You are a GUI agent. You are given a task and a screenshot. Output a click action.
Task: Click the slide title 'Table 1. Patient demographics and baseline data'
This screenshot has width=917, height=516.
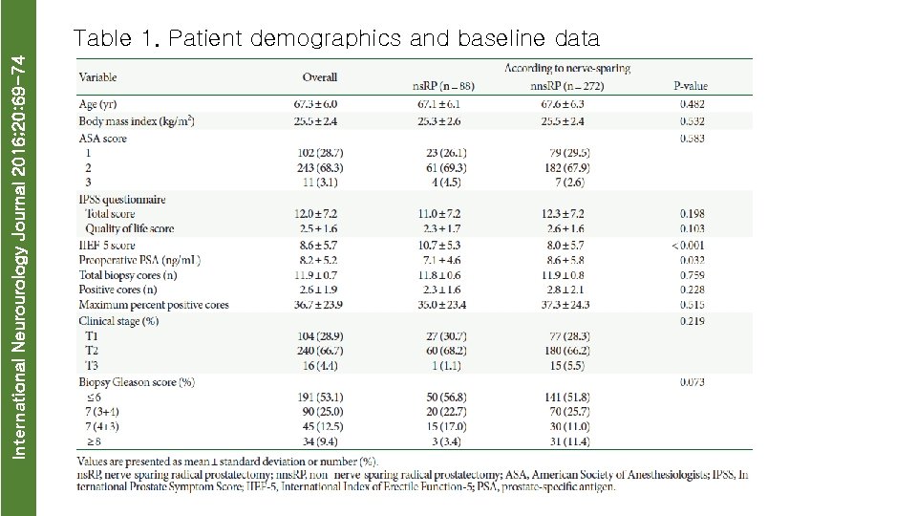[x=336, y=39]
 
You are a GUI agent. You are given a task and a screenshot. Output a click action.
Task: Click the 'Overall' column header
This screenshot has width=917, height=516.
[x=319, y=76]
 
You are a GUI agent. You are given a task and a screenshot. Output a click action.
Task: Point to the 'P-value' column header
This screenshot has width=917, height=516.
[x=691, y=86]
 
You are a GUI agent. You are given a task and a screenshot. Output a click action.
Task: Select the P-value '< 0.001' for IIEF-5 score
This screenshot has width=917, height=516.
[x=691, y=245]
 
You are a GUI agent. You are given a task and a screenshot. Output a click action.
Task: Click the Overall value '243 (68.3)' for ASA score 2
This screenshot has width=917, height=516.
[x=319, y=167]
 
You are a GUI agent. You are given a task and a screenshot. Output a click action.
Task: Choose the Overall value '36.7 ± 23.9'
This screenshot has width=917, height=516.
[x=319, y=305]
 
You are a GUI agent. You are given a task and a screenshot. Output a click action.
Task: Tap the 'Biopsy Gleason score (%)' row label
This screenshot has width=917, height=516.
[x=137, y=381]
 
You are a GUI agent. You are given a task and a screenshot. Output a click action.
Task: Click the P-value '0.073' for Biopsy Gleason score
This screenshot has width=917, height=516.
[x=691, y=381]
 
